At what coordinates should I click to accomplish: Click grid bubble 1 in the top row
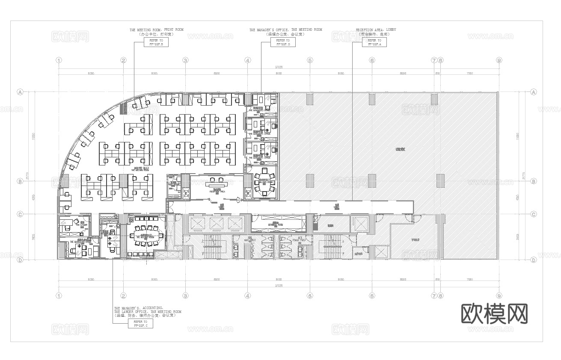tap(59, 60)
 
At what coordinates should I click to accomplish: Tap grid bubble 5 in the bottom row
tap(310, 295)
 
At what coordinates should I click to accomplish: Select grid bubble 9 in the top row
tap(499, 60)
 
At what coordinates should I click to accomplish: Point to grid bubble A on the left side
tap(20, 92)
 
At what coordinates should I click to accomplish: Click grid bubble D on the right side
tap(533, 260)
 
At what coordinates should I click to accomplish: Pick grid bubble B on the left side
tap(20, 181)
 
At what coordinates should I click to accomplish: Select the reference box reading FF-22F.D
tap(283, 42)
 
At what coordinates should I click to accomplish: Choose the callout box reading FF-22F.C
tap(140, 323)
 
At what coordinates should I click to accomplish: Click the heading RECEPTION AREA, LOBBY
tap(376, 30)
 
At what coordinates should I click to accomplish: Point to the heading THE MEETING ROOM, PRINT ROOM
tap(156, 30)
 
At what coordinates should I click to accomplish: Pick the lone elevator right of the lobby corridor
tap(359, 224)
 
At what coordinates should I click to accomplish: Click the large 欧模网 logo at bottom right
tap(494, 314)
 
